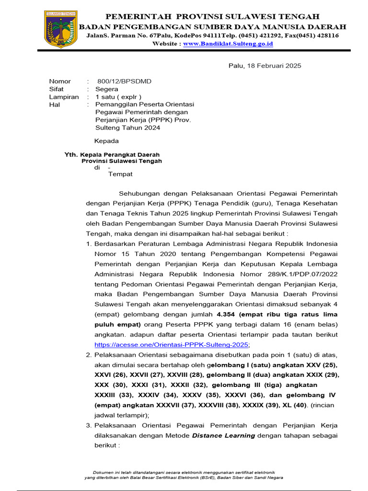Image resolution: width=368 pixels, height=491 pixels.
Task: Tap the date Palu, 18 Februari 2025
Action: pyautogui.click(x=264, y=66)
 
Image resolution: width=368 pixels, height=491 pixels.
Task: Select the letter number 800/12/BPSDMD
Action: pyautogui.click(x=124, y=81)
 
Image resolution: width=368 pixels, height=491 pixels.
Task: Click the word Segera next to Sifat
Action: pyautogui.click(x=106, y=89)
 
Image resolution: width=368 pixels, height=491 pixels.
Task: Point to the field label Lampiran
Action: pyautogui.click(x=64, y=97)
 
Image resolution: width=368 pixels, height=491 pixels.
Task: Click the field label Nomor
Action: pyautogui.click(x=60, y=81)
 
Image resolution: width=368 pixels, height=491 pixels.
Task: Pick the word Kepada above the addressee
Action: pyautogui.click(x=106, y=141)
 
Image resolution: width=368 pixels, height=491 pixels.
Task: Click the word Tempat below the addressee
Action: pyautogui.click(x=120, y=174)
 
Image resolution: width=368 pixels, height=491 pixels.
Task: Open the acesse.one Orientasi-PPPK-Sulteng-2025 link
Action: pyautogui.click(x=171, y=344)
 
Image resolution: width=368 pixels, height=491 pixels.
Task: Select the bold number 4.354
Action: pyautogui.click(x=227, y=315)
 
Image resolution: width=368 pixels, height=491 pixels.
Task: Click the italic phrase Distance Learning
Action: pyautogui.click(x=223, y=435)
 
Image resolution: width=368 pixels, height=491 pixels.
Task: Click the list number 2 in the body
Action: pyautogui.click(x=89, y=355)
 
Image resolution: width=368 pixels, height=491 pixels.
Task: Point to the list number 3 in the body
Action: pyautogui.click(x=89, y=425)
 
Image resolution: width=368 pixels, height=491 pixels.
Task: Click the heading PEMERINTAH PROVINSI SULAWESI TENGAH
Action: pyautogui.click(x=212, y=17)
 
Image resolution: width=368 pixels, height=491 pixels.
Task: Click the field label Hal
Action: pyautogui.click(x=54, y=105)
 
